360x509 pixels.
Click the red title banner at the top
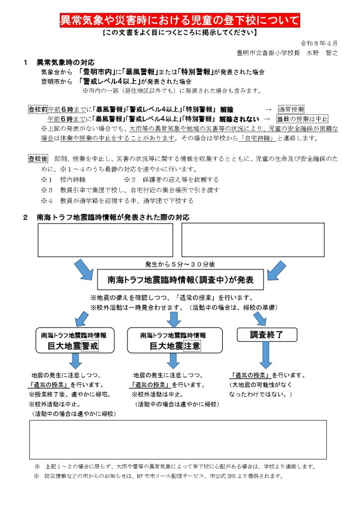click(180, 21)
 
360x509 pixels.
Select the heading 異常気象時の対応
click(65, 63)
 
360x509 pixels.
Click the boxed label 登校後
click(38, 159)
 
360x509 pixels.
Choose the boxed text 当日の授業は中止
click(302, 119)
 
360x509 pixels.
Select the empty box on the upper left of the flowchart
click(105, 240)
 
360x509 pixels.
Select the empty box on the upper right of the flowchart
click(253, 240)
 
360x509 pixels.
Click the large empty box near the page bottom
click(178, 440)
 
